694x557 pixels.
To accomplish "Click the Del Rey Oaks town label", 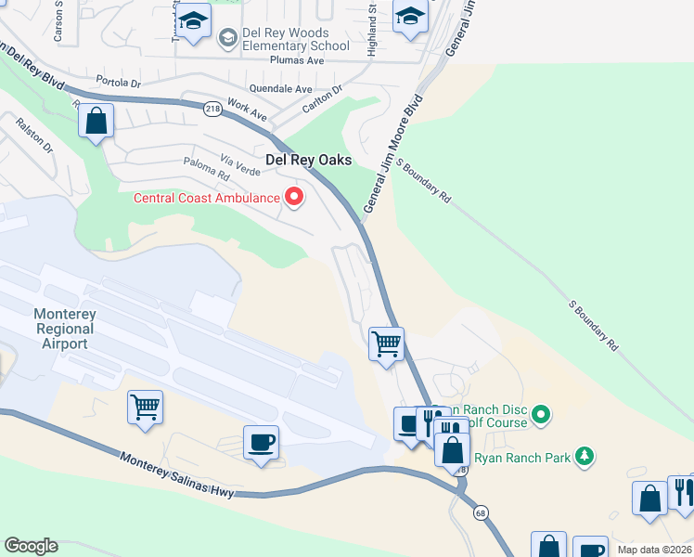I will click(x=309, y=160).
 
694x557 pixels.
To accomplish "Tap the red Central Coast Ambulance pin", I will click(x=295, y=197).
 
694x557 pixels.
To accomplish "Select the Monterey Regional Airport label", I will click(x=65, y=329).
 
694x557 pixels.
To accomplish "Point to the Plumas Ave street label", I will click(x=296, y=60).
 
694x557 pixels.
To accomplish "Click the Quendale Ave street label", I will click(x=279, y=89).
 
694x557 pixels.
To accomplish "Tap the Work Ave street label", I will click(x=247, y=111).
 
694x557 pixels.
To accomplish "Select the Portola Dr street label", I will click(x=122, y=82).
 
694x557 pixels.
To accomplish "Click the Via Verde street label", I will click(x=240, y=166).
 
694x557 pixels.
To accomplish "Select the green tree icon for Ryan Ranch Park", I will click(x=584, y=456).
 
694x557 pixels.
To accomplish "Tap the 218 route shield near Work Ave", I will click(x=212, y=108).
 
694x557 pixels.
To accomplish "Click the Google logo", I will click(x=31, y=545).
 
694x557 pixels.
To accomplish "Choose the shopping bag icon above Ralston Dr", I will click(x=96, y=121).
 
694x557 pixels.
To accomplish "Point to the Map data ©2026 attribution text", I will click(x=654, y=550).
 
